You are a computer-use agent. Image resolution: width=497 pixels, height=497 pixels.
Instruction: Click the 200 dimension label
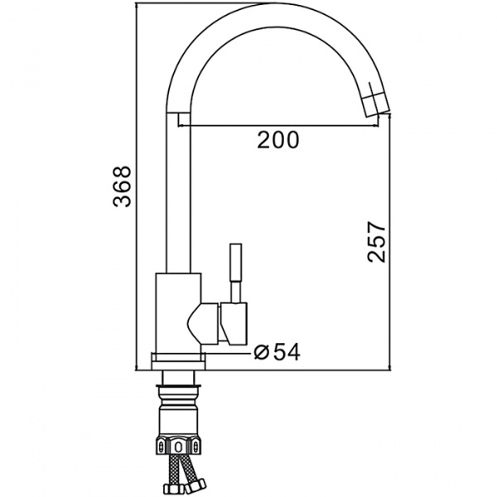[277, 140]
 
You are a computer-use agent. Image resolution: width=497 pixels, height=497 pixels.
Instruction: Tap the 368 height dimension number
[122, 186]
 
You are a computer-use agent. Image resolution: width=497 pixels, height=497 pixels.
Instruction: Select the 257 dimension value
[377, 242]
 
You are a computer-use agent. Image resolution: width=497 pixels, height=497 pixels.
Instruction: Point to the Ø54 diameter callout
[277, 352]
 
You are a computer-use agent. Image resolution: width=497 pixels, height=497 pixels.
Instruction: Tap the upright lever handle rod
[236, 273]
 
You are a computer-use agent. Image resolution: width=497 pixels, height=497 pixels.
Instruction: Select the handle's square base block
[234, 323]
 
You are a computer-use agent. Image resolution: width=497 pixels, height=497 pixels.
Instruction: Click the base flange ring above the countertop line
[178, 361]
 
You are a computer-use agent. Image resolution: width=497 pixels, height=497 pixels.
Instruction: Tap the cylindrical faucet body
[178, 313]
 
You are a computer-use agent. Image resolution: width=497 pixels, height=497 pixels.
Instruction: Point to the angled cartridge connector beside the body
[203, 323]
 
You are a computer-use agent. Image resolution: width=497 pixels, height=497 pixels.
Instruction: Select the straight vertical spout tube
[178, 193]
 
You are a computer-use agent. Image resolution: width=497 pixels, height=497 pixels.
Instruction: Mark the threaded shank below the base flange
[178, 378]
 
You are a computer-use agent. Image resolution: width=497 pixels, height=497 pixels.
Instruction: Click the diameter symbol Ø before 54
[262, 353]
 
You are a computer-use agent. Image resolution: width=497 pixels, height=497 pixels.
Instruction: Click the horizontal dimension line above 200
[278, 126]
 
